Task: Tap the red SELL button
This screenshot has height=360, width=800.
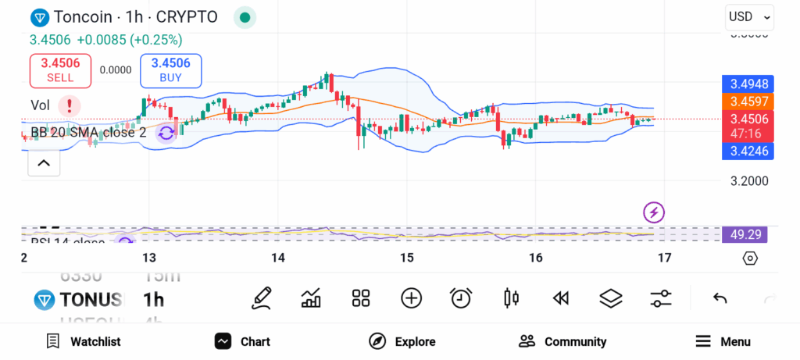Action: [60, 70]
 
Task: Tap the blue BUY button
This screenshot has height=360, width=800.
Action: [170, 70]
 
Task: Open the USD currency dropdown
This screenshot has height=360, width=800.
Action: [748, 16]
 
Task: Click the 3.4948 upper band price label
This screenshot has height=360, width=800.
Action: [748, 84]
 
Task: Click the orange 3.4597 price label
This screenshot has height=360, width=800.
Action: [748, 102]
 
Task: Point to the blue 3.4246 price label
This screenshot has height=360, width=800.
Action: [748, 151]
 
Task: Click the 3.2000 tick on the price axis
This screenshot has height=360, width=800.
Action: [748, 180]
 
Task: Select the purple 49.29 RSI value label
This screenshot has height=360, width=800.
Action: [745, 234]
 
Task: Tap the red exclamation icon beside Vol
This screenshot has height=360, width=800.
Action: [70, 105]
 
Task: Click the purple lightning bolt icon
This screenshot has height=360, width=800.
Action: [654, 212]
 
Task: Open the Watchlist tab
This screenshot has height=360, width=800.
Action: [84, 341]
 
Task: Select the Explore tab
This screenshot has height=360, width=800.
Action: [402, 341]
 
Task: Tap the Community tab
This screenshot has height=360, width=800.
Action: [562, 341]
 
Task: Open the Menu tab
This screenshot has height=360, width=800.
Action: [723, 341]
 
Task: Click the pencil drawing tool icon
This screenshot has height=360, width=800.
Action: [262, 298]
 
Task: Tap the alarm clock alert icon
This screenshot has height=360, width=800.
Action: [461, 298]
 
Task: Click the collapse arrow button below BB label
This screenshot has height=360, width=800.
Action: [44, 162]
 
